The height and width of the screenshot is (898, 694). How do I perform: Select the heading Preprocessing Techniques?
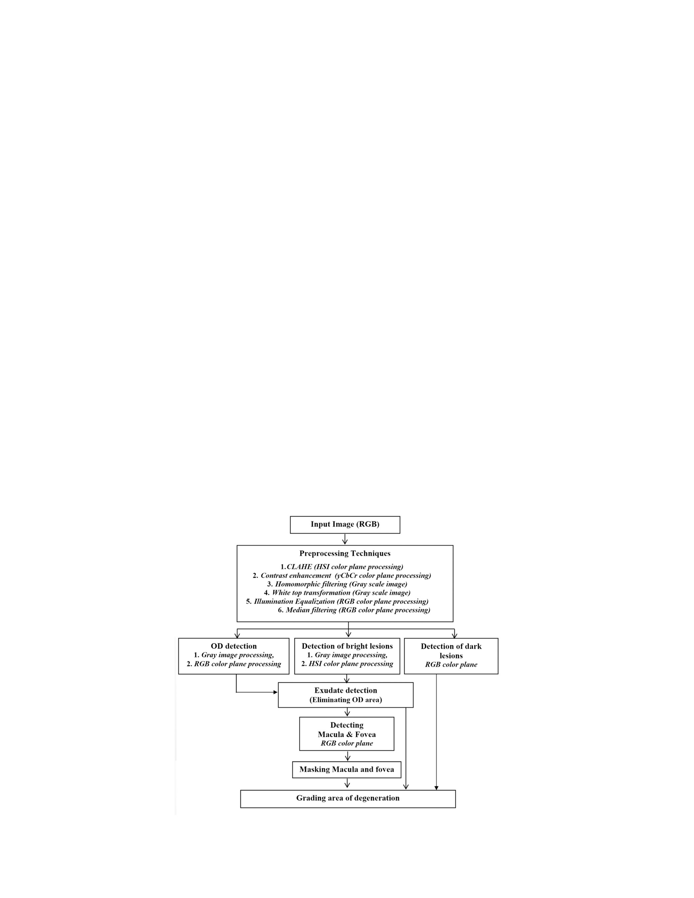point(345,553)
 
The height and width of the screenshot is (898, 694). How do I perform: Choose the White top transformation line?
point(337,593)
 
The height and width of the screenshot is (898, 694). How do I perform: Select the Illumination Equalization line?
point(337,602)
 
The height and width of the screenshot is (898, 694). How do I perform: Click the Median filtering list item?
point(354,610)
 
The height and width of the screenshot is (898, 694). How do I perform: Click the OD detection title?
point(234,646)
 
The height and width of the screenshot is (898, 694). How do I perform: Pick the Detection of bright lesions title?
point(347,646)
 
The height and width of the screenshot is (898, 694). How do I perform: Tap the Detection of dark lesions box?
point(451,656)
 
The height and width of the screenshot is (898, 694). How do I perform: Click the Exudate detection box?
point(346,695)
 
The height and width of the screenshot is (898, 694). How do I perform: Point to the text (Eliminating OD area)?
point(346,700)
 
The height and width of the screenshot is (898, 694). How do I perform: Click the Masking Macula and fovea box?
point(346,769)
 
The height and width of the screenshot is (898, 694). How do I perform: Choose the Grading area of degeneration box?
point(348,799)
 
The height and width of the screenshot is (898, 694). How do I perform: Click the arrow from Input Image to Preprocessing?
point(345,539)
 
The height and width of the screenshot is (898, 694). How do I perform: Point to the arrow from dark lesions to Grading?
point(436,732)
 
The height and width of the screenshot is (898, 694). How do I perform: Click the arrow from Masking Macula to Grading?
point(347,783)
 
